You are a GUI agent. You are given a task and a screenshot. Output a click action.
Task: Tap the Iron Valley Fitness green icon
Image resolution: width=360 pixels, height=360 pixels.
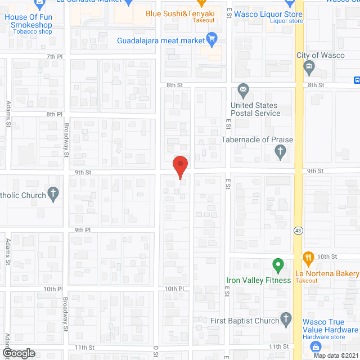coord(277,264)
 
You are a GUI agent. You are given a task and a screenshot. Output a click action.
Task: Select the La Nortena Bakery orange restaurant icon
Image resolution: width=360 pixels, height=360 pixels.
coord(308,258)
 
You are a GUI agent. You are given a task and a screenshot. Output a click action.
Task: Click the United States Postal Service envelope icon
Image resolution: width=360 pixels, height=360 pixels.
coord(243,89)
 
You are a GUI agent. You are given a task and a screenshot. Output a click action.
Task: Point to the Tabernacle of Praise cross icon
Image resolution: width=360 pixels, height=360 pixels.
coord(280,151)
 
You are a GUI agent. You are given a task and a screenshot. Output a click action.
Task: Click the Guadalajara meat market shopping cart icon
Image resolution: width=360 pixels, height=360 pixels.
coord(212,39)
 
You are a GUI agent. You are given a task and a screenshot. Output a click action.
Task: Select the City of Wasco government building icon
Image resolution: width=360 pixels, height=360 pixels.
coord(308,68)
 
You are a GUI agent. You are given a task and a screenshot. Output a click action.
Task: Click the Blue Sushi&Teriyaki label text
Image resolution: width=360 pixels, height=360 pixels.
coord(181,13)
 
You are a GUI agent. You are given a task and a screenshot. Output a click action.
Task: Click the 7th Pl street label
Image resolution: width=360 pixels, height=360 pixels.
coord(54,57)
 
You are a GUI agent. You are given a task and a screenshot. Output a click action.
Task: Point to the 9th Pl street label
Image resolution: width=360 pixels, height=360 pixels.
coord(83,230)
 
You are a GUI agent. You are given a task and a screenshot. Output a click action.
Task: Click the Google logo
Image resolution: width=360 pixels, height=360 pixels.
coord(19,353)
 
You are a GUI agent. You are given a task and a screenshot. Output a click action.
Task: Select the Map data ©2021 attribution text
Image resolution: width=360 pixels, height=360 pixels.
coord(335,355)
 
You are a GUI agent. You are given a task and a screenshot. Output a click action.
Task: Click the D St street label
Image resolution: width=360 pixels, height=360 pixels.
coord(155,352)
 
